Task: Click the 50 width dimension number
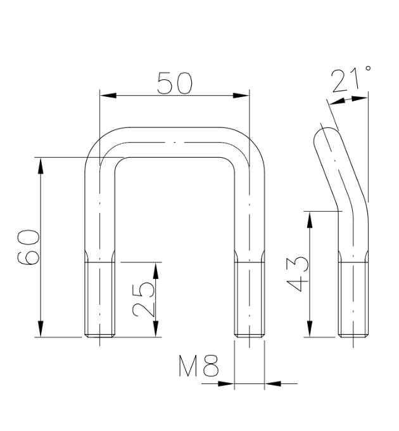[175, 83]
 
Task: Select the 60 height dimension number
[28, 247]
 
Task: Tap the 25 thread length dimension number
[142, 300]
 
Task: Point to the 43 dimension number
[297, 274]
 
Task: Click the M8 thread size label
[199, 366]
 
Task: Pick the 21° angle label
[351, 79]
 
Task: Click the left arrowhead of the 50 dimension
[108, 95]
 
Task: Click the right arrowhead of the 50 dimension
[241, 95]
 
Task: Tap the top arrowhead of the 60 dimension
[41, 166]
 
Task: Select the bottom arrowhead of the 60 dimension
[41, 329]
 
